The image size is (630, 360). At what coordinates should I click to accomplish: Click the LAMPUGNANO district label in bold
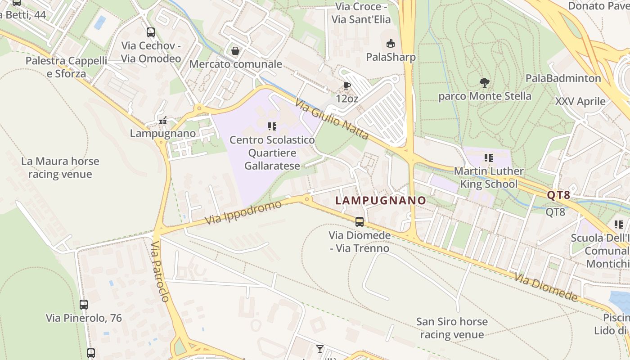[x=381, y=200]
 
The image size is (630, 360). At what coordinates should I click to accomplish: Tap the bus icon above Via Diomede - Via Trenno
[x=359, y=221]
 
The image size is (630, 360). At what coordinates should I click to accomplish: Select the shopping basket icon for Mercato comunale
[x=235, y=51]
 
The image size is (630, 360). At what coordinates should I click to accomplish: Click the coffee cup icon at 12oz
[x=346, y=85]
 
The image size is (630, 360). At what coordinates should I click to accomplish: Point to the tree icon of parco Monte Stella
[x=485, y=83]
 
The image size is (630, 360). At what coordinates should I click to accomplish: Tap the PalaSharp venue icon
[x=390, y=44]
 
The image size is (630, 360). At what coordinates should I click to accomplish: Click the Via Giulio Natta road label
[x=332, y=120]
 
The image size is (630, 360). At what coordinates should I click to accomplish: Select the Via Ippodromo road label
[x=243, y=213]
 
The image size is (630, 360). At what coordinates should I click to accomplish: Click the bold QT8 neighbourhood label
[x=558, y=195]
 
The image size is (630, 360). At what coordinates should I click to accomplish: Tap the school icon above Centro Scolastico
[x=272, y=126]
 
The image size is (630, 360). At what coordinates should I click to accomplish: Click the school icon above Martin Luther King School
[x=488, y=158]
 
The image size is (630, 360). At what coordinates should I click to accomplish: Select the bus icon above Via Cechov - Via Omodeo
[x=151, y=32]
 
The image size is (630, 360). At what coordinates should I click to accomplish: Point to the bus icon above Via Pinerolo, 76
[x=84, y=305]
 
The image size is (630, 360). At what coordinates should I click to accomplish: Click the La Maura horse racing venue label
[x=60, y=167]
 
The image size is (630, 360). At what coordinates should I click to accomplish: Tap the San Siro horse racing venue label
[x=452, y=328]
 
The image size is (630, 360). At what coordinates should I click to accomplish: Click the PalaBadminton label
[x=563, y=78]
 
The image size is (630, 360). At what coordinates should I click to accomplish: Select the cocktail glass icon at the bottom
[x=319, y=349]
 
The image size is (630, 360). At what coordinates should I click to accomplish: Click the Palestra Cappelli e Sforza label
[x=66, y=67]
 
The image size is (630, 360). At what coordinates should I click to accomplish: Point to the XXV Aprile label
[x=580, y=101]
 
